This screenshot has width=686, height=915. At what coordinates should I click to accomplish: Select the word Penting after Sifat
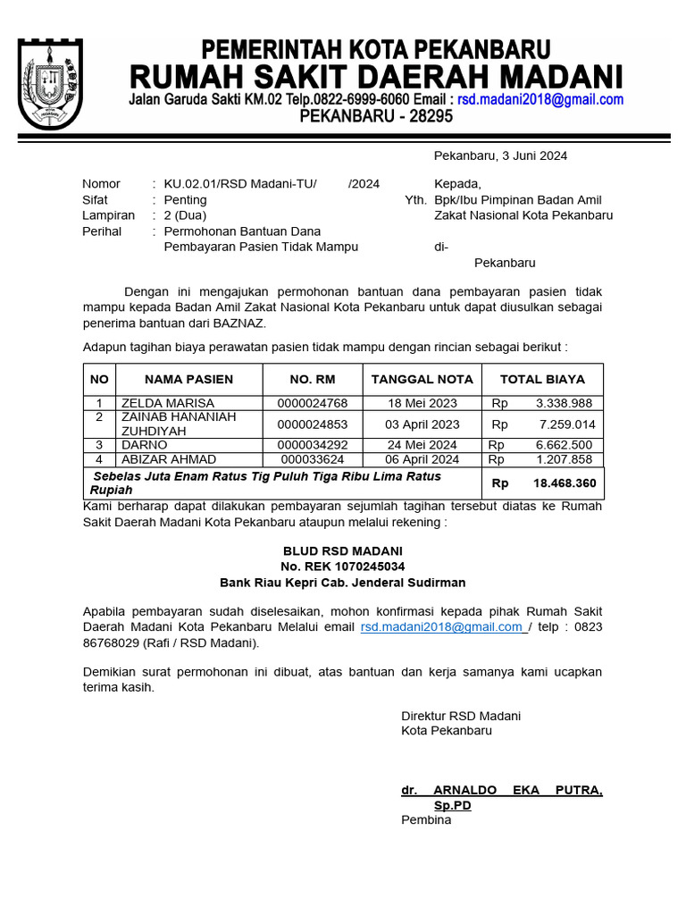[185, 199]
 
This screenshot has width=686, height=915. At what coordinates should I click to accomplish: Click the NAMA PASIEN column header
[188, 379]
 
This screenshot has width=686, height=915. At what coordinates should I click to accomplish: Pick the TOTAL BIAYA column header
[542, 379]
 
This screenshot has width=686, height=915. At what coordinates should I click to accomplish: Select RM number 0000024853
[312, 424]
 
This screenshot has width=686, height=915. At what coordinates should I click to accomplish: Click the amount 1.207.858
[565, 459]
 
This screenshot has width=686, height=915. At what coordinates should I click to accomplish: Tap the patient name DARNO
[144, 444]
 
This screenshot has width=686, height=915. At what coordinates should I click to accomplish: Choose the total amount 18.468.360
[565, 483]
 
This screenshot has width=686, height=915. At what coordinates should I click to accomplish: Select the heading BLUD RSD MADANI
[342, 550]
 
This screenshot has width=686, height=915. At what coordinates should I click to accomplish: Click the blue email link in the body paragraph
[442, 627]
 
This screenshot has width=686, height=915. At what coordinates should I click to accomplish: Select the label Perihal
[101, 231]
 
